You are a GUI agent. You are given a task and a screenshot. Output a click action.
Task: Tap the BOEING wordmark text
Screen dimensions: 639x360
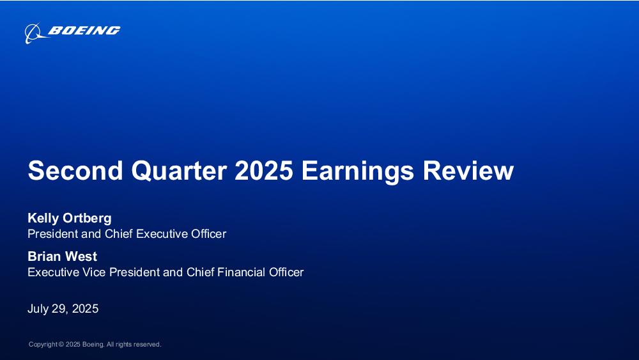[x=84, y=31]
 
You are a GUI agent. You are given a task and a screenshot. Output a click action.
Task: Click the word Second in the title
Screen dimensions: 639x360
[x=75, y=171]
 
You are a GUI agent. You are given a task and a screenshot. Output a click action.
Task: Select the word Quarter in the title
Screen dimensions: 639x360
[x=179, y=171]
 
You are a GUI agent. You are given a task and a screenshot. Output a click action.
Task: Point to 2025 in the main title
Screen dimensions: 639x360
[x=264, y=171]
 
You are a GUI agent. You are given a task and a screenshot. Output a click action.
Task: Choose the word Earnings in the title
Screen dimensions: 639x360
[x=357, y=171]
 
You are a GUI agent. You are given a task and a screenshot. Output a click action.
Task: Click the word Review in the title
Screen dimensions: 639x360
[x=468, y=171]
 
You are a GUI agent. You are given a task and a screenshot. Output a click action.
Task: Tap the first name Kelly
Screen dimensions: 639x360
[x=43, y=219]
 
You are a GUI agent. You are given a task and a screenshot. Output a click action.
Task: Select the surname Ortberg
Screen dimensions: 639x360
[x=87, y=219]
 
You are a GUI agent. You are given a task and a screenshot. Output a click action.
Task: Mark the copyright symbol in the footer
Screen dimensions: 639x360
[x=61, y=345]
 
